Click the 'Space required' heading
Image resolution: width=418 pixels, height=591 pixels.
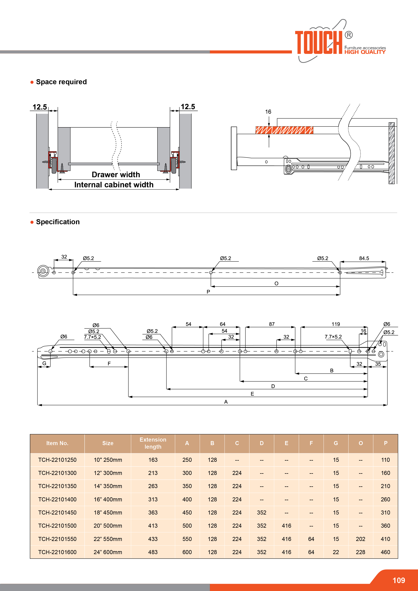click(61, 82)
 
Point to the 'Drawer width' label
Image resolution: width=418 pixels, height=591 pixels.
click(116, 175)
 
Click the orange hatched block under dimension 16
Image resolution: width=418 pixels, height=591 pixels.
click(284, 130)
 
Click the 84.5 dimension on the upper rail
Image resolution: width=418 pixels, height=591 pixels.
click(364, 258)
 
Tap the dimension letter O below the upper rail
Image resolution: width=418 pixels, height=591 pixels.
click(276, 283)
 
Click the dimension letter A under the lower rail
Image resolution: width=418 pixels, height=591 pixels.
click(226, 402)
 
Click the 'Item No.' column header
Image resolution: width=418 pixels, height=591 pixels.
click(57, 443)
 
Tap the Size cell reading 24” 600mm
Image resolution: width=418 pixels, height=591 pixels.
click(108, 552)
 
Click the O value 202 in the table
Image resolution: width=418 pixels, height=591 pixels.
click(360, 539)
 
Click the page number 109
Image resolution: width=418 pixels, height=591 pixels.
click(399, 580)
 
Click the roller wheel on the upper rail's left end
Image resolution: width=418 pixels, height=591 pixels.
click(43, 271)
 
